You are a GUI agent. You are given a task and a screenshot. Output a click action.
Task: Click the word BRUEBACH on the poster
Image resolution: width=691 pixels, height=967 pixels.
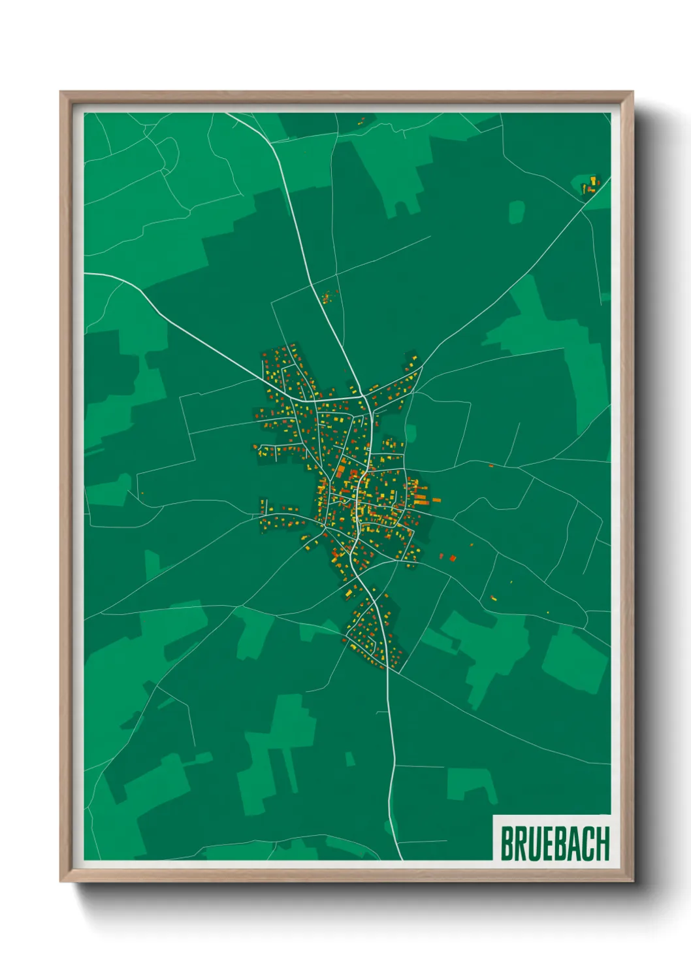click(554, 843)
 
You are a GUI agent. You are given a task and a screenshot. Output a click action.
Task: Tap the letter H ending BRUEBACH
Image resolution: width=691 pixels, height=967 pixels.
click(602, 843)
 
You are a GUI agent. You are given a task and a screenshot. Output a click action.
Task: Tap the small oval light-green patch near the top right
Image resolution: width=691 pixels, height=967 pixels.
click(517, 212)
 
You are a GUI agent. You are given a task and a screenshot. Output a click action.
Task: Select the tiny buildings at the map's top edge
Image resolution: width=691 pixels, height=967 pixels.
click(361, 121)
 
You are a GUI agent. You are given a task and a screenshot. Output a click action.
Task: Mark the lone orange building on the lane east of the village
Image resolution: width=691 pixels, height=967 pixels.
click(491, 465)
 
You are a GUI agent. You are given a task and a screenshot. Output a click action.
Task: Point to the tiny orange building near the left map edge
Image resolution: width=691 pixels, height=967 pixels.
click(142, 493)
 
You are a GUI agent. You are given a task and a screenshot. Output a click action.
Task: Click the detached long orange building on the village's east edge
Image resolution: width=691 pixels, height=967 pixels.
click(436, 500)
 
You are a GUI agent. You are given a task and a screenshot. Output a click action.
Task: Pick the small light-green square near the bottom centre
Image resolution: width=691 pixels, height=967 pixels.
click(350, 759)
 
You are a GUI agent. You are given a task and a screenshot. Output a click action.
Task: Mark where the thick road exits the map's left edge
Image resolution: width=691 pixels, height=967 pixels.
click(86, 274)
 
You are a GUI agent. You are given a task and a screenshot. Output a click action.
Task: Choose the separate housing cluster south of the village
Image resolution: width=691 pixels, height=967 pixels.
click(374, 630)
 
